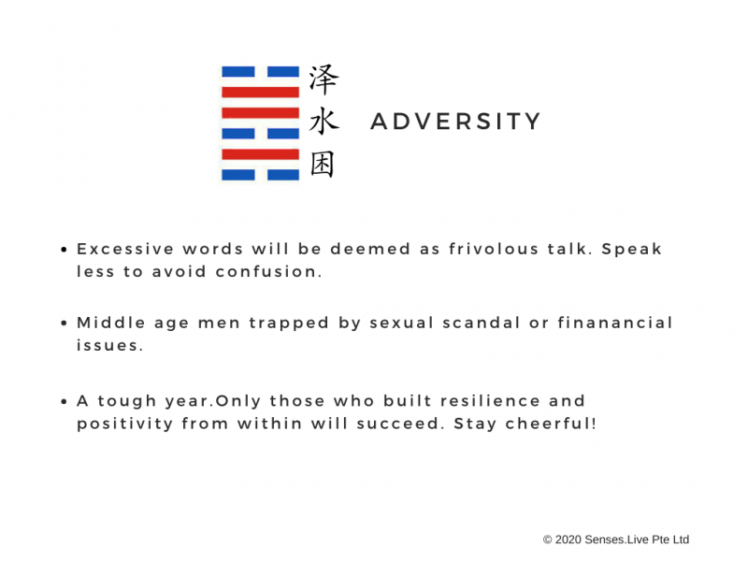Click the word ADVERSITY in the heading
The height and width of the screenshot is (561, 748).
click(x=455, y=122)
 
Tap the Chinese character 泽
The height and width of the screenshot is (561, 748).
click(x=324, y=79)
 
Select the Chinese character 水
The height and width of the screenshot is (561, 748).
click(x=324, y=122)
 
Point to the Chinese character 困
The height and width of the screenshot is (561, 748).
click(x=323, y=165)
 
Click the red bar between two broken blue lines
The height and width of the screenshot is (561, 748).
click(x=261, y=154)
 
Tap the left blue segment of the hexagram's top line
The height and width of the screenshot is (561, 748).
click(x=238, y=72)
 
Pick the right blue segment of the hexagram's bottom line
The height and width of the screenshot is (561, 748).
click(x=283, y=175)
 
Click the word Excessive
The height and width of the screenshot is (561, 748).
click(x=125, y=249)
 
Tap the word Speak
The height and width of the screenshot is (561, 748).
click(x=632, y=249)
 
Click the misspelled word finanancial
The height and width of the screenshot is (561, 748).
click(x=615, y=323)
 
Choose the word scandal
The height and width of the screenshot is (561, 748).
click(x=481, y=323)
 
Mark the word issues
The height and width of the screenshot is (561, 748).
click(x=109, y=345)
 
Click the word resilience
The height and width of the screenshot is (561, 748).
click(x=490, y=401)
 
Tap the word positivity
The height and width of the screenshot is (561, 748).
click(x=125, y=424)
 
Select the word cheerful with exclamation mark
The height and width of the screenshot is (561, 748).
click(x=551, y=424)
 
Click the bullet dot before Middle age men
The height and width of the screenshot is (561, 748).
click(x=64, y=324)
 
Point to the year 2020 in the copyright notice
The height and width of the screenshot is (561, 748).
click(x=568, y=539)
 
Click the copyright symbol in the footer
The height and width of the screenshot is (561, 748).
click(x=548, y=539)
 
